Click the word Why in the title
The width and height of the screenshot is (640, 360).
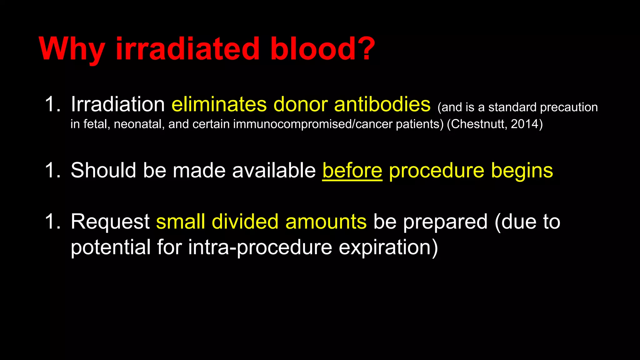click(72, 49)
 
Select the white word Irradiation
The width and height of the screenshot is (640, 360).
click(117, 104)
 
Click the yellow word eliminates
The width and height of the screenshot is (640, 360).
click(219, 104)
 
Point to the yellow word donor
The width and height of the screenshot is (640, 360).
click(300, 104)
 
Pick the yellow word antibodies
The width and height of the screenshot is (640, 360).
click(382, 104)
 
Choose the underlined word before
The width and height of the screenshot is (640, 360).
click(352, 170)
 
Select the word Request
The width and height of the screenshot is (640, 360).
click(110, 222)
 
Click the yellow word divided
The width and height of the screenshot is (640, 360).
click(245, 222)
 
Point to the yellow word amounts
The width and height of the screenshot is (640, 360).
click(326, 222)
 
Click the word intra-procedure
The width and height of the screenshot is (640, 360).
click(260, 247)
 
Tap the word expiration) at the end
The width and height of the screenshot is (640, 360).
click(388, 247)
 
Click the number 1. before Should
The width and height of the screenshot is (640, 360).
click(52, 170)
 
